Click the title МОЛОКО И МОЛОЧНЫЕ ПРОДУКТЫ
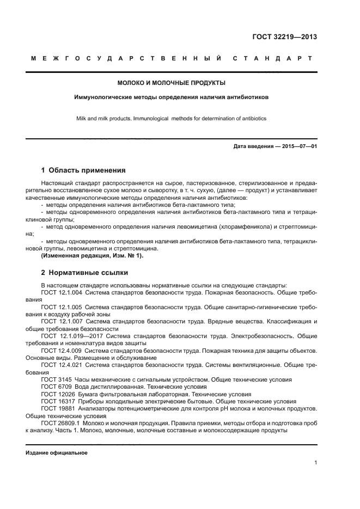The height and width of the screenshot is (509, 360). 172,83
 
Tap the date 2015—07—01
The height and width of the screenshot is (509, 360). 298,146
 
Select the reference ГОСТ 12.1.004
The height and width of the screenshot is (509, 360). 61,292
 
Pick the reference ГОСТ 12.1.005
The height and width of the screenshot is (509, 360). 61,307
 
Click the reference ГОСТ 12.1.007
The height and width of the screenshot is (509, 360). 61,322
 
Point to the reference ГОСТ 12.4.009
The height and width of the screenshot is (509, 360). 61,351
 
